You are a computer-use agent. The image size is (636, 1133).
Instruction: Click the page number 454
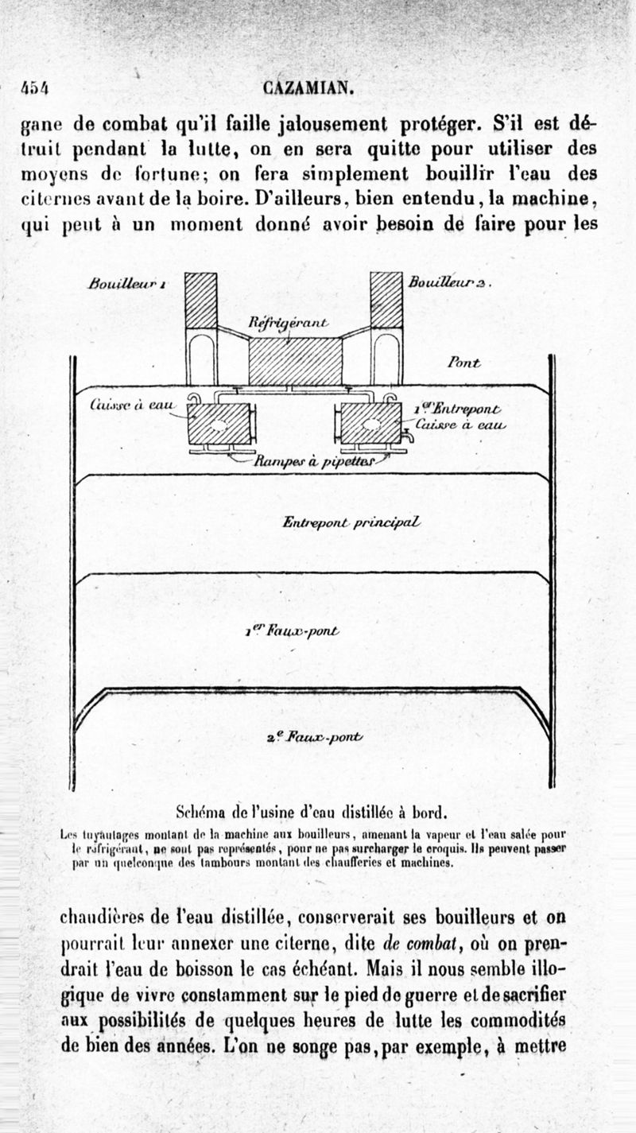(35, 88)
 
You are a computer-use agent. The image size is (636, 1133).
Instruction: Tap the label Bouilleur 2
(448, 282)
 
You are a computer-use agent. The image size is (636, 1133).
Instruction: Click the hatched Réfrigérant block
(294, 361)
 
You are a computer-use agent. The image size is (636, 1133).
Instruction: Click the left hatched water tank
(219, 423)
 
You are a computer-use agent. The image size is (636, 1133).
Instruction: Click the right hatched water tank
(370, 423)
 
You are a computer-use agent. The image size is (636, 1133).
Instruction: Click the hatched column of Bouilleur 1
(200, 300)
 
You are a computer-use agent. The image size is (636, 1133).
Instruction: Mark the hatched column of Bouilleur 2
(386, 300)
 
